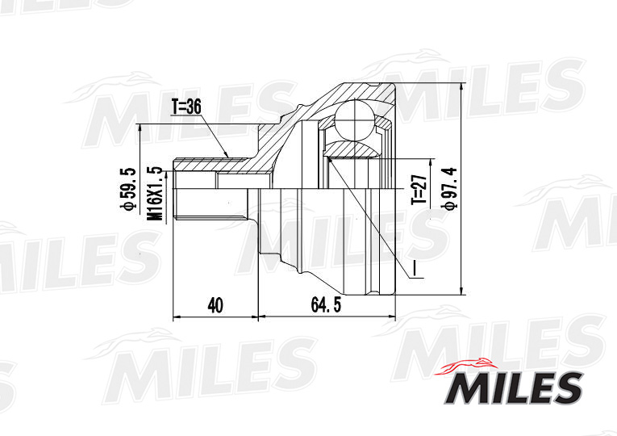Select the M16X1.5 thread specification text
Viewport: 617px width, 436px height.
(153, 191)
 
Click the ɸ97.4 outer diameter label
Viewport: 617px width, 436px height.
(448, 187)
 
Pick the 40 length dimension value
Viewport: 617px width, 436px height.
(215, 304)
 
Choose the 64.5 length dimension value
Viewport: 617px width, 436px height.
(326, 304)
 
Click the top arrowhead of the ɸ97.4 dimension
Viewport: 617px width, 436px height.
(461, 86)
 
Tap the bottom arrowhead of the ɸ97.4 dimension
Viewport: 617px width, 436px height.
(461, 294)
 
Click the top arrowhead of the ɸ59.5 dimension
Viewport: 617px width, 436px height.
(141, 125)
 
